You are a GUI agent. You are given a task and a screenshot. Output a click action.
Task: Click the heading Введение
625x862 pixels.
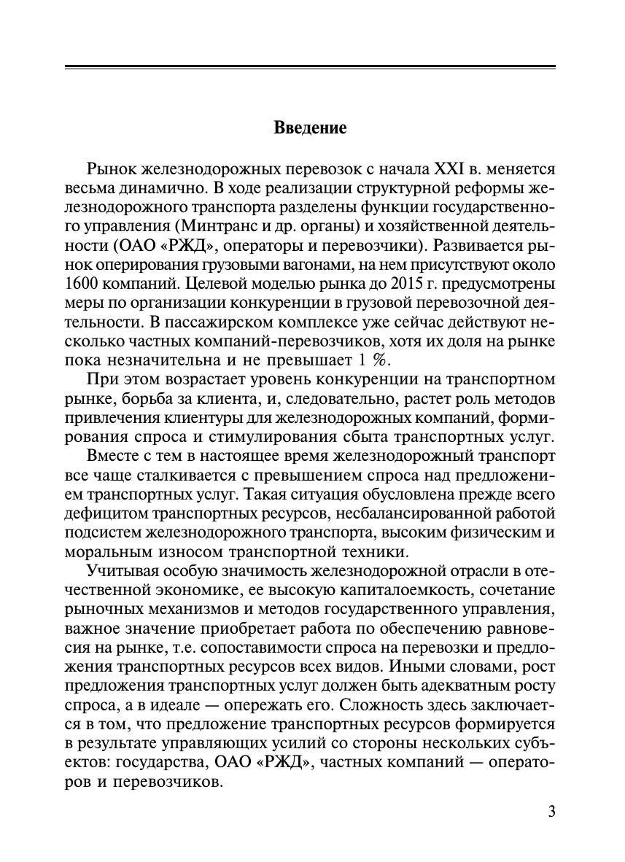310,128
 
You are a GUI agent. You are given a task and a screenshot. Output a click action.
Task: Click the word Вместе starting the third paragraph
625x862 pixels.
110,456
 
